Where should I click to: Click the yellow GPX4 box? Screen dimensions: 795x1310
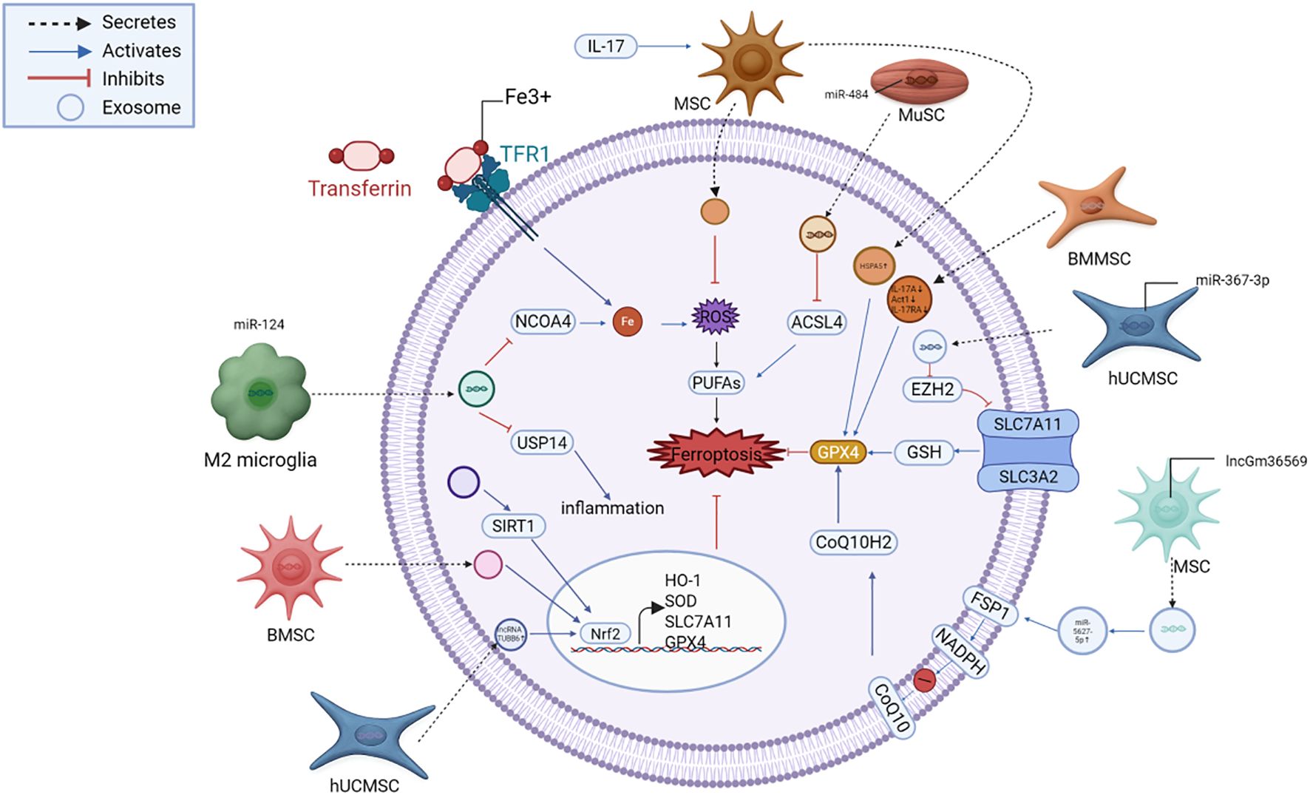point(838,452)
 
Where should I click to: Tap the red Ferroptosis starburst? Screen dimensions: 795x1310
point(716,453)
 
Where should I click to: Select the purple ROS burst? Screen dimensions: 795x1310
point(715,317)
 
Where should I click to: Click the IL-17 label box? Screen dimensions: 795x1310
point(605,46)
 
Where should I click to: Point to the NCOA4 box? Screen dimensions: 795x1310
point(543,322)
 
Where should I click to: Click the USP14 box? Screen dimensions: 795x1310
point(542,443)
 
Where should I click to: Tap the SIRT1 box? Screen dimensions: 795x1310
point(512,526)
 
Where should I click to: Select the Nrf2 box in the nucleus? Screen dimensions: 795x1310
point(605,634)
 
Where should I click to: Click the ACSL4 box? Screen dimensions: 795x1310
point(816,322)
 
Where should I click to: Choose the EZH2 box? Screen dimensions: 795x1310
point(931,389)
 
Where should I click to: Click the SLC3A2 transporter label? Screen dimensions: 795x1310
point(1028,477)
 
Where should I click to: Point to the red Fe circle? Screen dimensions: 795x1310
point(628,322)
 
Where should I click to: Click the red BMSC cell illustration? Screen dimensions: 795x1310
point(290,568)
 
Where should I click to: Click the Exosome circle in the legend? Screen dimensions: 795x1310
point(70,107)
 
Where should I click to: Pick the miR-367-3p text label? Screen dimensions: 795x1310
point(1232,280)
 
